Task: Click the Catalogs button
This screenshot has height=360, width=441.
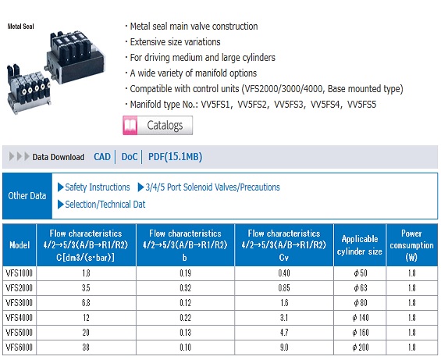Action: click(x=165, y=125)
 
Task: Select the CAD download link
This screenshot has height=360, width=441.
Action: click(x=101, y=157)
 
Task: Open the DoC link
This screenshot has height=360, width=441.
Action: click(x=129, y=157)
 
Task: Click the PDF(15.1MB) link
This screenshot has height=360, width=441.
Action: click(x=175, y=157)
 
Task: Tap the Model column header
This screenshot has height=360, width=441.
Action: click(x=20, y=245)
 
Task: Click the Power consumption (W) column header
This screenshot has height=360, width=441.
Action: click(x=412, y=244)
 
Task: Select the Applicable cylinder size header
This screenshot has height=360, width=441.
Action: click(x=359, y=245)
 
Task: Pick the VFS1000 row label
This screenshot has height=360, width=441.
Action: click(x=20, y=273)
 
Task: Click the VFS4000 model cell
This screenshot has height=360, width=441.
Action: click(x=20, y=316)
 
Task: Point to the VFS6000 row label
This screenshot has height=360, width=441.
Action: click(x=20, y=346)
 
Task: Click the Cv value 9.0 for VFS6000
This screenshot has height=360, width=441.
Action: click(x=283, y=346)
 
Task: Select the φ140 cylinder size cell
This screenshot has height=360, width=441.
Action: click(x=359, y=316)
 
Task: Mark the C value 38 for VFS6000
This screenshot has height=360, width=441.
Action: click(x=86, y=346)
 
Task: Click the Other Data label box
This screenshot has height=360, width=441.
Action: click(x=27, y=196)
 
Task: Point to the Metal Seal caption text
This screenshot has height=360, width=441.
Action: click(x=22, y=26)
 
